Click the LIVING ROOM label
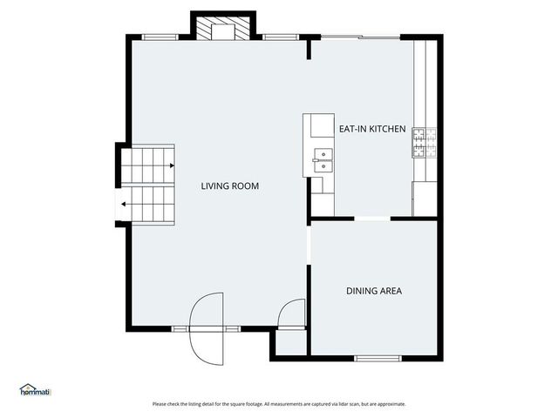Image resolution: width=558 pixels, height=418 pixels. tap(229, 185)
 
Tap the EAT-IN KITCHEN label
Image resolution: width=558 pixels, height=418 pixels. tap(372, 129)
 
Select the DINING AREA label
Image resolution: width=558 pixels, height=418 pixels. tap(373, 291)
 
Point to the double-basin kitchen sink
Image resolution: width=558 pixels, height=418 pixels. tap(323, 158)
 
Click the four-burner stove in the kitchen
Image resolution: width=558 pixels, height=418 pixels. tap(424, 142)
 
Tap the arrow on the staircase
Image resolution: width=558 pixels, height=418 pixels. tap(126, 205)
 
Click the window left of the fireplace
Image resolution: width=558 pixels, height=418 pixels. tap(160, 37)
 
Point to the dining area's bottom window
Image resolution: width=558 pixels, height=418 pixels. tap(378, 357)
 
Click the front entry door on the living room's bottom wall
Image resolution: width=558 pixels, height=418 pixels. tap(208, 329)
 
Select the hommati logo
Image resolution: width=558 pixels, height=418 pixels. tap(36, 390)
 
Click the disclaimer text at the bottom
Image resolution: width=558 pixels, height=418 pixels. tap(279, 404)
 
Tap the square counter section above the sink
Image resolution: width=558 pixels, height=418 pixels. tap(318, 129)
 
